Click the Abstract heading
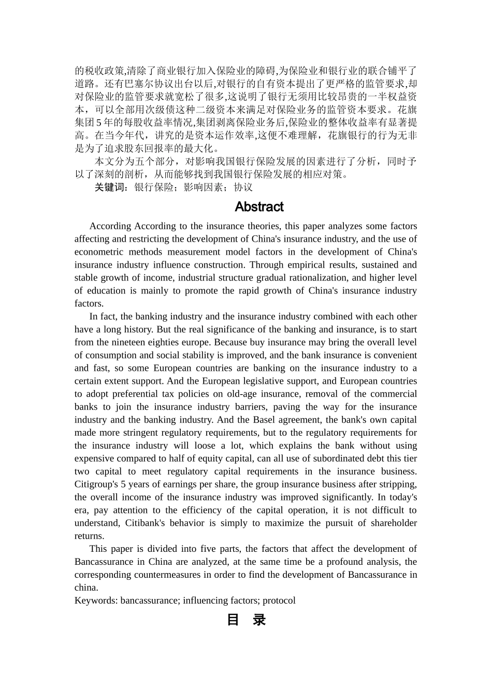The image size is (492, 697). pos(259,207)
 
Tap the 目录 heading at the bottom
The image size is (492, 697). pos(246,620)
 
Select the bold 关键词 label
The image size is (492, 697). pos(111,187)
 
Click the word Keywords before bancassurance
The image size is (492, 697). pos(96,601)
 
